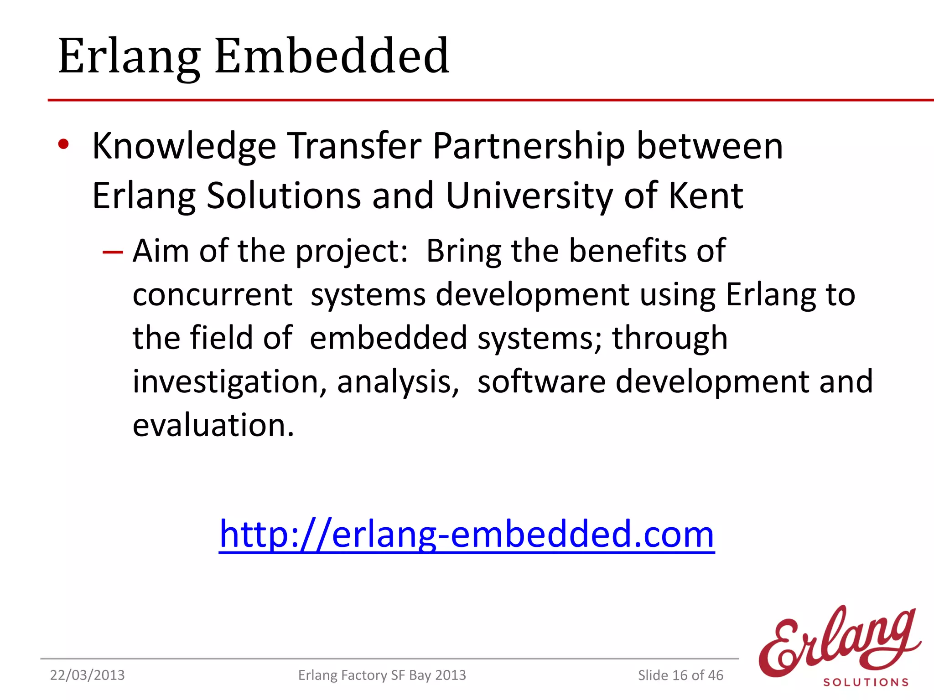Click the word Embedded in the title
(x=332, y=57)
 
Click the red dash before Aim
(x=113, y=252)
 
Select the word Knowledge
(x=184, y=147)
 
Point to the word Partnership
(x=528, y=147)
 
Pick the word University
(x=529, y=196)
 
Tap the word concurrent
(x=213, y=295)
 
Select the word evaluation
(x=213, y=425)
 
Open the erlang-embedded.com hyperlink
(x=467, y=534)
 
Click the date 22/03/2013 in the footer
(x=87, y=675)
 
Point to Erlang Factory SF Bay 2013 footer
(x=382, y=675)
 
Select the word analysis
(x=398, y=382)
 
